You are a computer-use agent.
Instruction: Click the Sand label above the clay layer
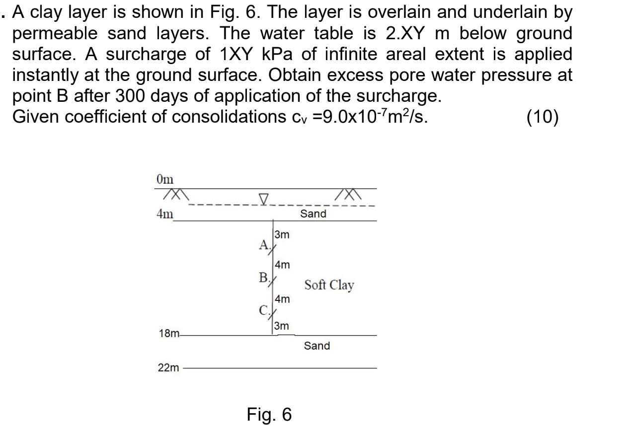coord(314,214)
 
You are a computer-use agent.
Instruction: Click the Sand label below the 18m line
coord(317,346)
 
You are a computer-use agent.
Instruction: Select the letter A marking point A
coord(263,244)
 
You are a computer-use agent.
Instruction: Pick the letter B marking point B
coord(263,277)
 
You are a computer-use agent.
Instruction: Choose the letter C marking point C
coord(263,311)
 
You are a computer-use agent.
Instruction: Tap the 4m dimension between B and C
coord(282,299)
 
